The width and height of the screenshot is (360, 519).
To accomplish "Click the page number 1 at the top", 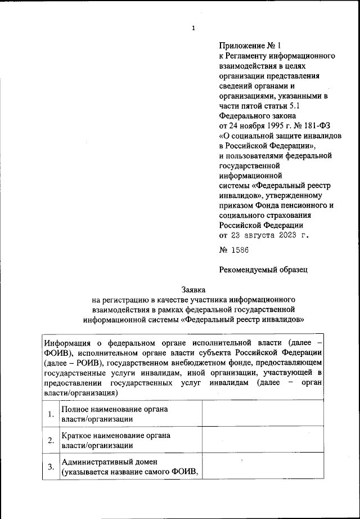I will click(x=193, y=28).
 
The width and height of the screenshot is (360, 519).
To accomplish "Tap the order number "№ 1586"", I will click(x=233, y=249).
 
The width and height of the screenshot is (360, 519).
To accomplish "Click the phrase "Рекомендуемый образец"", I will click(x=263, y=269).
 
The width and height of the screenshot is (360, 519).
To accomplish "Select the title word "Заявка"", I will click(x=193, y=289).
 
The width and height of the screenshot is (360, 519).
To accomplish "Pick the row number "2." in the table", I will click(x=51, y=440).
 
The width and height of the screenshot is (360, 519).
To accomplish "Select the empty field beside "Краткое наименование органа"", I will click(x=263, y=440).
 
